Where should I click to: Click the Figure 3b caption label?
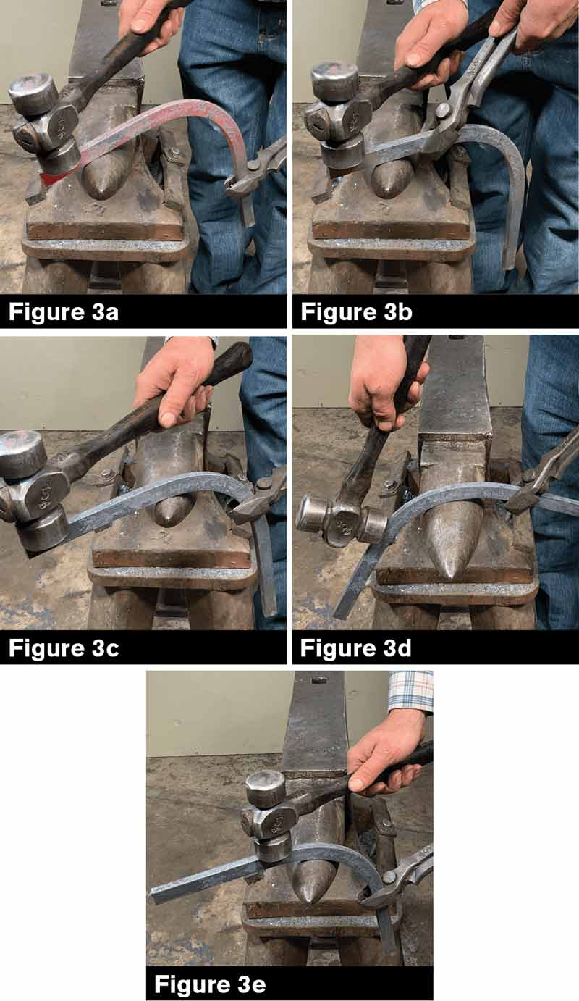click(x=355, y=314)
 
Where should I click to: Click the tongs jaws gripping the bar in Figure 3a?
click(x=242, y=185)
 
